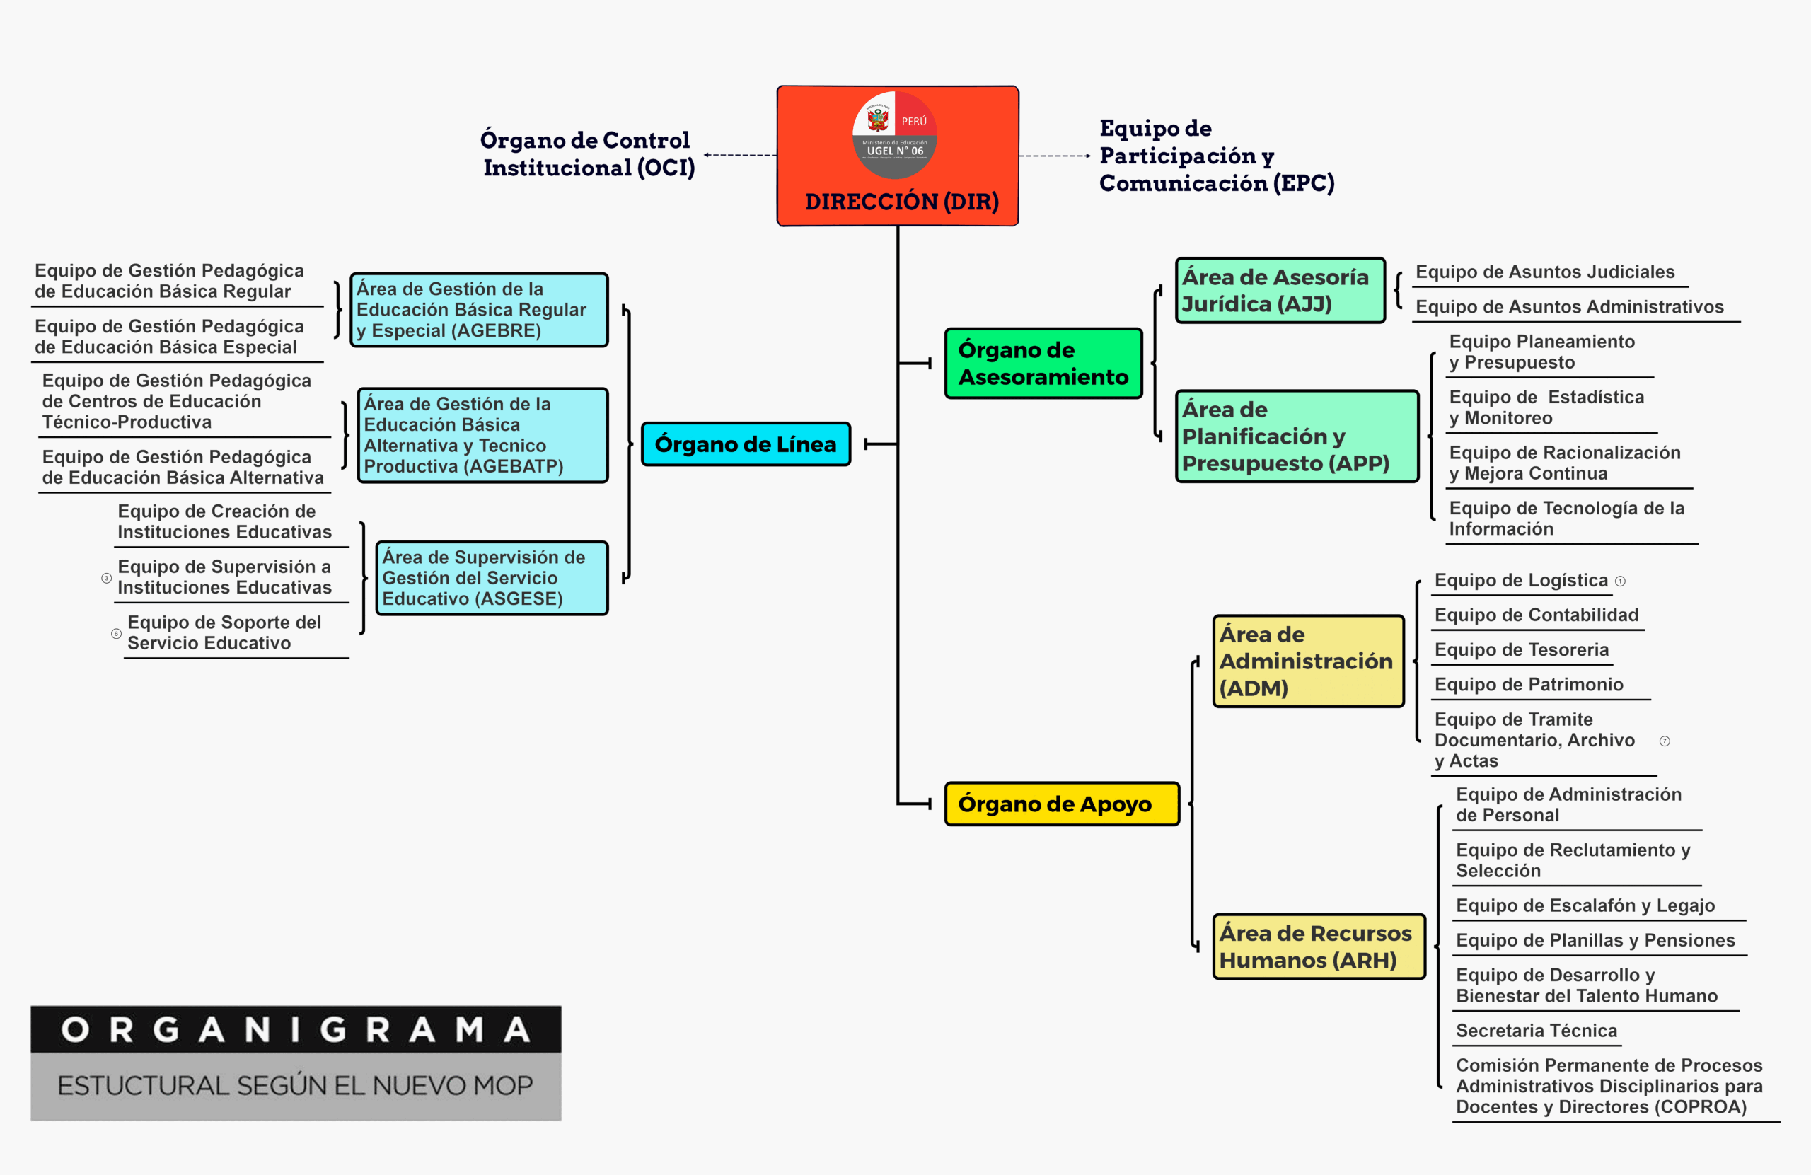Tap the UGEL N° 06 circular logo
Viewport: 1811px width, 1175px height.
(x=895, y=134)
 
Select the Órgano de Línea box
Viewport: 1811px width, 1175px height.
(x=746, y=444)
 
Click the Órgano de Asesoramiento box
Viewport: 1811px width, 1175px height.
(x=1043, y=363)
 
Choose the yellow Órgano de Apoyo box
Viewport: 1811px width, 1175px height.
(x=1062, y=804)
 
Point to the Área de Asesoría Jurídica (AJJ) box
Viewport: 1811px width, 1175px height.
(x=1280, y=290)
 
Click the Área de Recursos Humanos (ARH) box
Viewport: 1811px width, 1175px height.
(x=1318, y=946)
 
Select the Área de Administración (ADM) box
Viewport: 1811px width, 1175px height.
(x=1308, y=661)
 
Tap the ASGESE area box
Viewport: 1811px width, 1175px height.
(x=492, y=578)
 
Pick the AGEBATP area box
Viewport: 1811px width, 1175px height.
(x=482, y=434)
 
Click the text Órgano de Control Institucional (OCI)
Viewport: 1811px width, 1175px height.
(x=587, y=154)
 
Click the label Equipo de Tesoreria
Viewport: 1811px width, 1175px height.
(x=1521, y=650)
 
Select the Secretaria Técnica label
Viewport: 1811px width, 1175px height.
(x=1537, y=1031)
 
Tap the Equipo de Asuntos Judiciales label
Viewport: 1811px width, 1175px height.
(x=1545, y=272)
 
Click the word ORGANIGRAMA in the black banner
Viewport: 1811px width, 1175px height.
(x=295, y=1030)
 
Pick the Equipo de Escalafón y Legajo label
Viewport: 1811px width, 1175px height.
(x=1585, y=905)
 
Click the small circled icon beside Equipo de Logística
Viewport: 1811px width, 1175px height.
(x=1620, y=581)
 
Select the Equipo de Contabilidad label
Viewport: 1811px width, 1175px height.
(x=1537, y=615)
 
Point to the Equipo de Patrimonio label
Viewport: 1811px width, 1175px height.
(x=1529, y=685)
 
